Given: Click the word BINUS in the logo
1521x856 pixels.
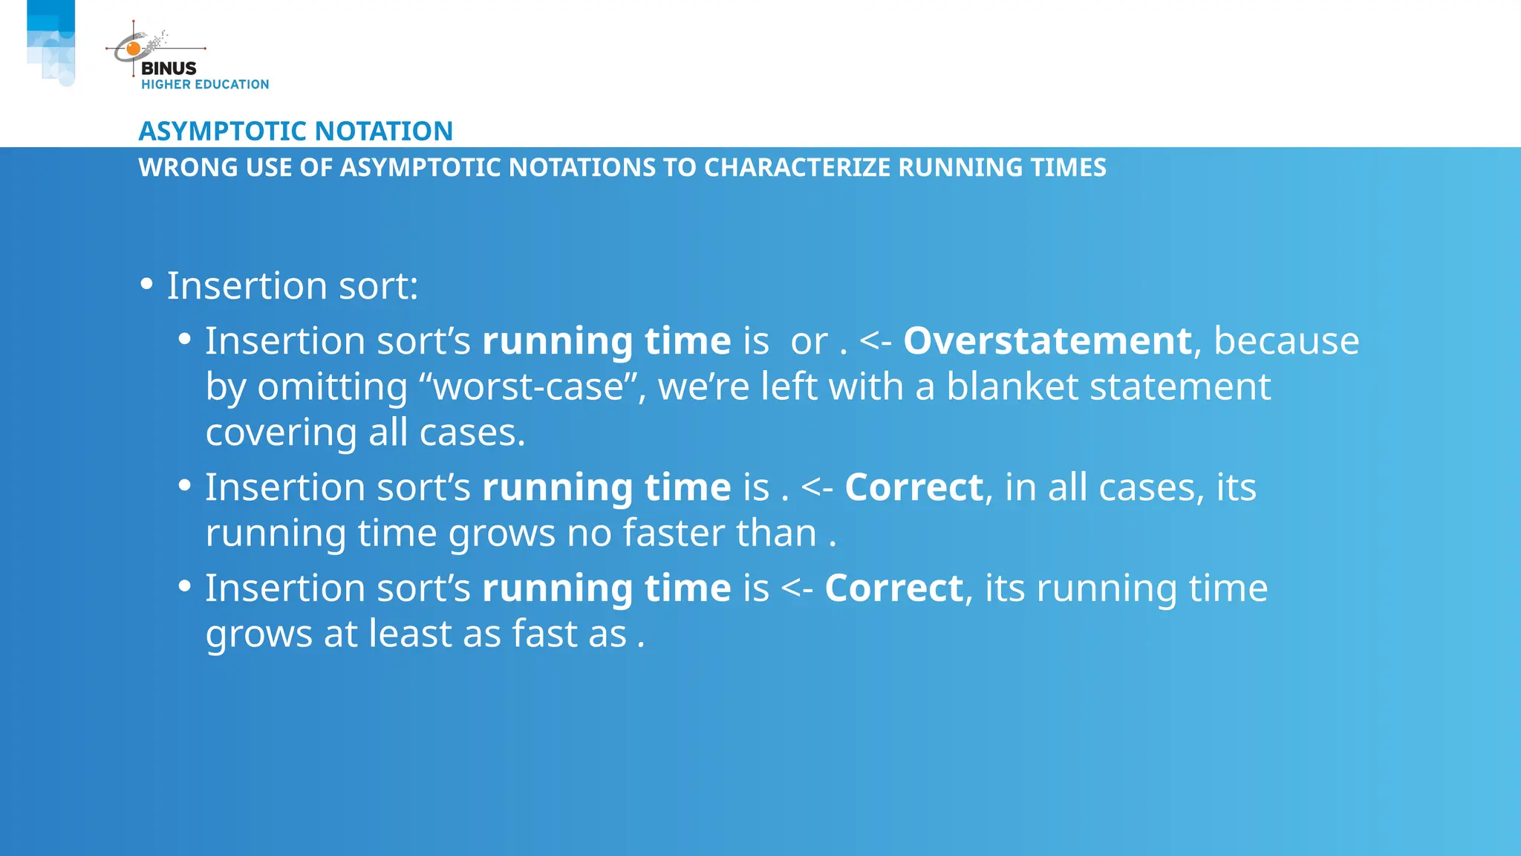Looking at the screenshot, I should [169, 68].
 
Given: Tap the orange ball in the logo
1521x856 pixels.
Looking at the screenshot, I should [134, 49].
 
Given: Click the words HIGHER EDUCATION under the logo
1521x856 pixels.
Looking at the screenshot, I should [205, 85].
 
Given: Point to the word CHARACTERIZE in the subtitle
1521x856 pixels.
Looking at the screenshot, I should [797, 168].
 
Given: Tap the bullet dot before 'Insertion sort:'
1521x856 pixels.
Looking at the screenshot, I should [146, 285].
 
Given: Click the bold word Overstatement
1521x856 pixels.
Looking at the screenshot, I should [1047, 341].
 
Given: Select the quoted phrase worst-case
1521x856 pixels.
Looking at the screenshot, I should [529, 387].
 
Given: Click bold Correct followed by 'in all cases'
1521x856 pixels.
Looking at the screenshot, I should [913, 487].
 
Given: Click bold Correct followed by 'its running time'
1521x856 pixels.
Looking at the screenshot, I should [893, 588].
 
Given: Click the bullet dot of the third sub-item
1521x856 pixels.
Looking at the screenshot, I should [185, 587].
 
